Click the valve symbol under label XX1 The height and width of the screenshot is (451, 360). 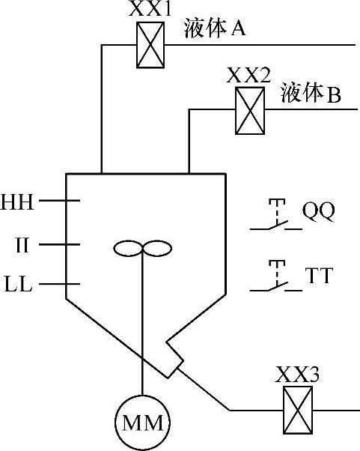click(150, 45)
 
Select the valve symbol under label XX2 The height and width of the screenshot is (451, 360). click(250, 111)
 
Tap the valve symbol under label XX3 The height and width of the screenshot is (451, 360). click(298, 410)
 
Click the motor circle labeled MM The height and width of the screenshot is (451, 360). click(142, 423)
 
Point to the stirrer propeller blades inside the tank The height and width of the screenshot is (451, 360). click(143, 248)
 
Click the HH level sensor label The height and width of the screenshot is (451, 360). click(17, 202)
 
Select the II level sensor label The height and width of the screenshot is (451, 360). click(22, 245)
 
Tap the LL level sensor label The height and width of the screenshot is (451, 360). click(19, 284)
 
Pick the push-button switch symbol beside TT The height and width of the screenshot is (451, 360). click(276, 276)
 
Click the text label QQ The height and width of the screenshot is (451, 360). click(319, 211)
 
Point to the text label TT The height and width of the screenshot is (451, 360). click(319, 275)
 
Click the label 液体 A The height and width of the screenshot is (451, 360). click(215, 28)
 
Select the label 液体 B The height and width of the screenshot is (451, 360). click(311, 93)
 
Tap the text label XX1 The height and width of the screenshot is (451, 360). click(150, 10)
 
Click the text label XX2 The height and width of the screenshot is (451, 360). click(248, 76)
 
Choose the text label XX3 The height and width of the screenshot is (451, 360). click(297, 375)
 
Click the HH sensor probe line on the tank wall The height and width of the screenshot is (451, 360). click(59, 201)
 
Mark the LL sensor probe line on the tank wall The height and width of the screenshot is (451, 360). click(59, 284)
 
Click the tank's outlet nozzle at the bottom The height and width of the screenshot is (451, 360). click(174, 358)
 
